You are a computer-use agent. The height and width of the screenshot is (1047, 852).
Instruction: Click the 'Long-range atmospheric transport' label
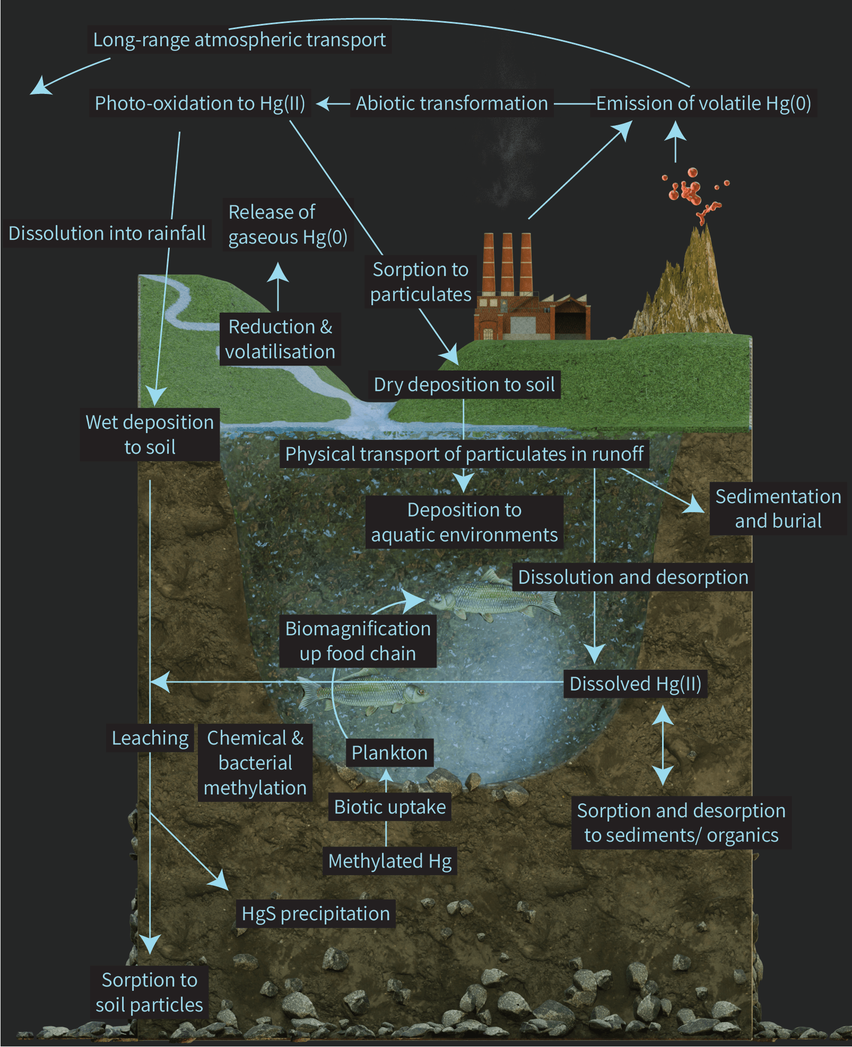tap(239, 40)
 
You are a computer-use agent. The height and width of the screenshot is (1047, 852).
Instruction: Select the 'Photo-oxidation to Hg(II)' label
tap(200, 103)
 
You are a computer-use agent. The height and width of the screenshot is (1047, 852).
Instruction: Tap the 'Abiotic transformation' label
tap(451, 103)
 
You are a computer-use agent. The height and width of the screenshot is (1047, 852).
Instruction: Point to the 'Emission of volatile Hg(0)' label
tap(703, 103)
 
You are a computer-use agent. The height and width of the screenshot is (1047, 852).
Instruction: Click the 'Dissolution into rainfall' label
tap(107, 233)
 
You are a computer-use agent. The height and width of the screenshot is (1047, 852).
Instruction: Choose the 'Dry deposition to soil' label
tap(464, 385)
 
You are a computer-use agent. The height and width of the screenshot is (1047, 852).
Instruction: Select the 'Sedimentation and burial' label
tap(778, 508)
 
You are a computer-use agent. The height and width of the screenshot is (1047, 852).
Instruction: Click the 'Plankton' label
tap(389, 753)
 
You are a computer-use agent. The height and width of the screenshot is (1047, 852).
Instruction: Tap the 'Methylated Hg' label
tap(390, 861)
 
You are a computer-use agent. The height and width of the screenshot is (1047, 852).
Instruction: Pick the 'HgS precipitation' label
tap(316, 914)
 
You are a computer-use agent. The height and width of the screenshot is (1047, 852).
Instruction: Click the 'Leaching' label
tap(150, 738)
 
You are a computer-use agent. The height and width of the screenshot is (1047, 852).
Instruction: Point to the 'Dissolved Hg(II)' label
tap(635, 684)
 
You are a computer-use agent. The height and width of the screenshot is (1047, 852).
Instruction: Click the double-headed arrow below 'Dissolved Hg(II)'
tap(663, 746)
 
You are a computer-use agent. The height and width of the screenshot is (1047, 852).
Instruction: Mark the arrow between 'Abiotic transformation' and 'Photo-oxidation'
tap(333, 103)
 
